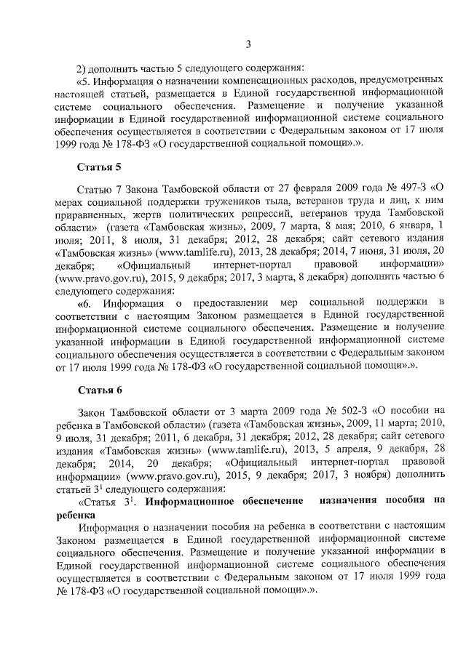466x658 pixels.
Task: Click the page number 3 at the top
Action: coord(248,45)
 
